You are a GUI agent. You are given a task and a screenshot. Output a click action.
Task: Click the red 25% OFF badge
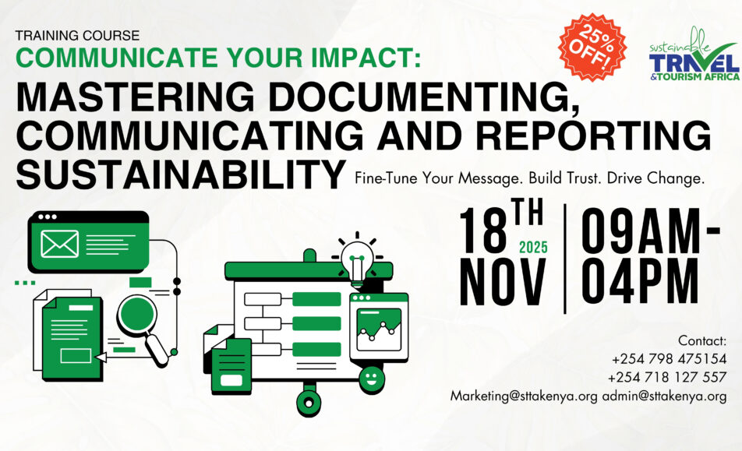pos(595,48)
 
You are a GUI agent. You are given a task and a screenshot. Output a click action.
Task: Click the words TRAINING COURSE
pos(77,35)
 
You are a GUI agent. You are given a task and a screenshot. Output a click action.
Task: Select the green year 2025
pos(533,248)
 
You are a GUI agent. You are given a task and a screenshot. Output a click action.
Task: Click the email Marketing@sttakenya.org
pos(524,396)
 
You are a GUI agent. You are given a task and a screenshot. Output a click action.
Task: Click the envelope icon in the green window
pos(60,242)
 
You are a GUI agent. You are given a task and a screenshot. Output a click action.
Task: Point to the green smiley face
pos(373,378)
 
